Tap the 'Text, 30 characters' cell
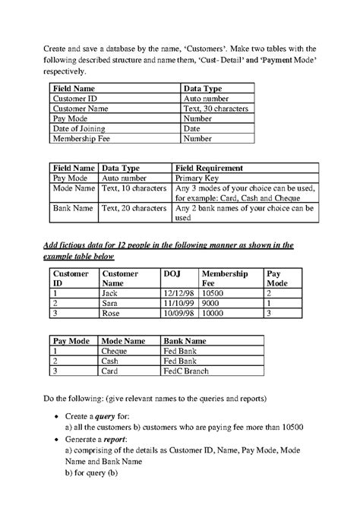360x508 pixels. (217, 109)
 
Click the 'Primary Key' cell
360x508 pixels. (200, 177)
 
